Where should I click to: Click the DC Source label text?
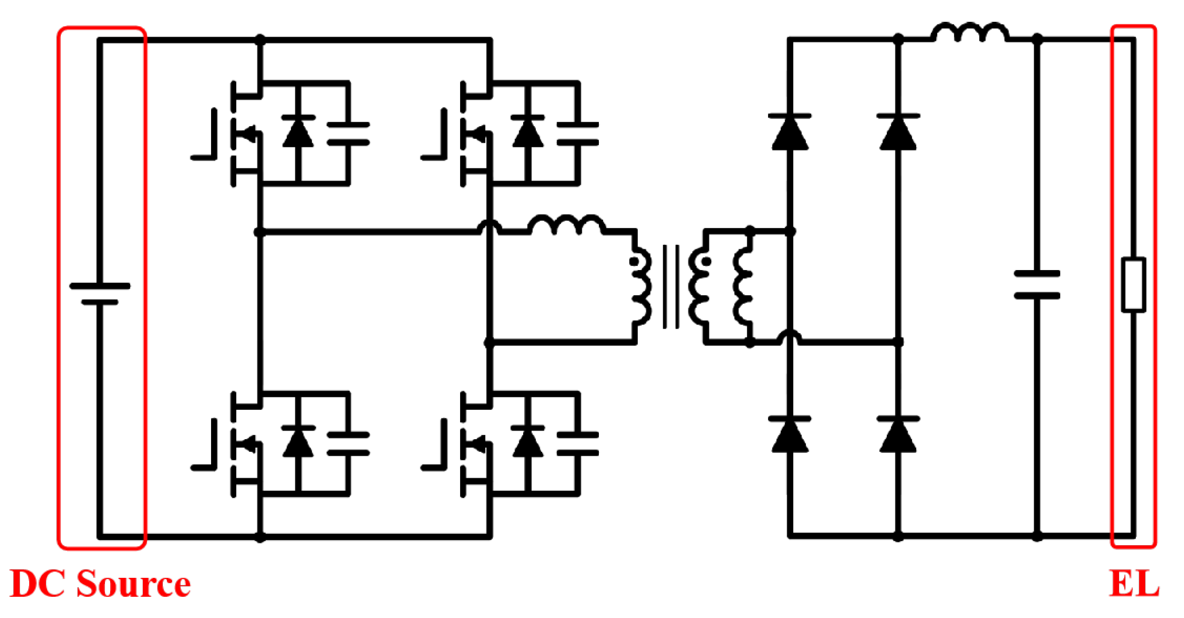click(100, 584)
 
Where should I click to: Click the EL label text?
click(1134, 584)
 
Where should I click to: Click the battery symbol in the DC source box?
click(100, 294)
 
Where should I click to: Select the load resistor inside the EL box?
click(1134, 285)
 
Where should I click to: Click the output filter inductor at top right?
click(969, 33)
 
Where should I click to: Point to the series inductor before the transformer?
click(566, 225)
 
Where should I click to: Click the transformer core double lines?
click(671, 287)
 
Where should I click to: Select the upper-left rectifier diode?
click(790, 132)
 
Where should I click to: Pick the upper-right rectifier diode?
click(898, 132)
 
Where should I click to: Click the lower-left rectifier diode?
click(790, 435)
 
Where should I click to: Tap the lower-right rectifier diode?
click(898, 435)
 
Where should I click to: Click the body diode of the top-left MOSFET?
click(298, 132)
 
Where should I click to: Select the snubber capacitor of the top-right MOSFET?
click(578, 133)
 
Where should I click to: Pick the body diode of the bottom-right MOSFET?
click(528, 443)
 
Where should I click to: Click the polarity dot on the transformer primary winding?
click(633, 261)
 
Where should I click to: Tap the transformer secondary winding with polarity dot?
click(699, 287)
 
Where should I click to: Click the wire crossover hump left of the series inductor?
click(489, 226)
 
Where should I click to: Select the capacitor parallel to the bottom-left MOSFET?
click(348, 444)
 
